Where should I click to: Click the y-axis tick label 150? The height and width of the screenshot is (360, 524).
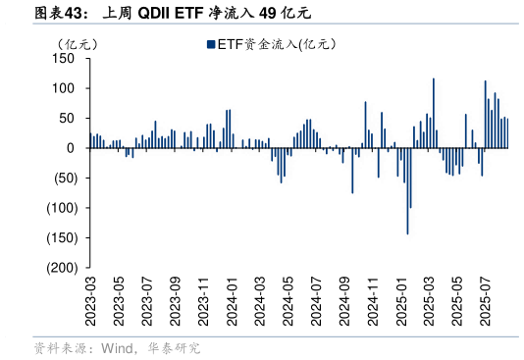[64, 59]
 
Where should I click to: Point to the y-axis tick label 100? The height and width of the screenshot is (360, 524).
[64, 88]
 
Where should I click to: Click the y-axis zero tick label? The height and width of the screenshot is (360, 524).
[70, 148]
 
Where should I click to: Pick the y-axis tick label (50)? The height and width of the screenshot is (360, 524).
[61, 178]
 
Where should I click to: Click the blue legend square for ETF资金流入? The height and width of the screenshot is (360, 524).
[210, 44]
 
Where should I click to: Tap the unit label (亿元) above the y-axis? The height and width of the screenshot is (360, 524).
[78, 44]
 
